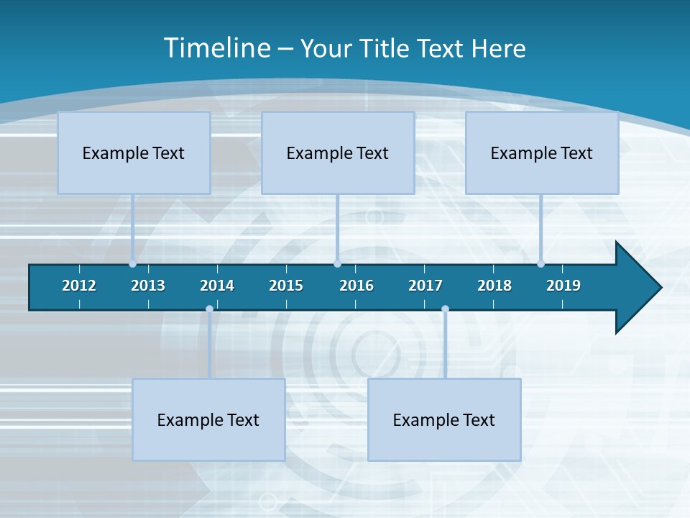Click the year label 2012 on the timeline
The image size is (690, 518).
coord(79,286)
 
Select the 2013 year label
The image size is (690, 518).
coord(148,286)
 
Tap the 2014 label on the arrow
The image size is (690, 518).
coord(217,286)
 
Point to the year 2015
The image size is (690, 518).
coord(286,286)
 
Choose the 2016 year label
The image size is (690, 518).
coord(356,286)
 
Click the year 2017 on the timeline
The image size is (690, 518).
coord(425,286)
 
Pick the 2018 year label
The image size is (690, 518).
coord(494,286)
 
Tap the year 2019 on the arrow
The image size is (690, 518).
coord(563,286)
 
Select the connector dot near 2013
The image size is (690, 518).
coord(132,264)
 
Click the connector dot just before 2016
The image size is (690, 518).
coord(337,264)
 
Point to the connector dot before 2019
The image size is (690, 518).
coord(540,264)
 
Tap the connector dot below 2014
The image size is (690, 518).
coord(209,309)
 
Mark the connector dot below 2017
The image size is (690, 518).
coord(445,309)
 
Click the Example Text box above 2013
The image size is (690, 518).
coord(134,153)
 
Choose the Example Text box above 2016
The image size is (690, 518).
coord(338,153)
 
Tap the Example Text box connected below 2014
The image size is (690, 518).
coord(208,419)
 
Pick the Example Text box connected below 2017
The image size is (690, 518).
coord(444,419)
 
